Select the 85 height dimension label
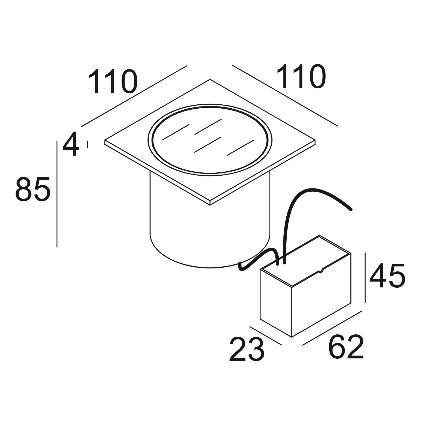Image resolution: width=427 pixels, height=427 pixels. tap(33, 189)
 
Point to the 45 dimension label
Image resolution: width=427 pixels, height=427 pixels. tap(387, 276)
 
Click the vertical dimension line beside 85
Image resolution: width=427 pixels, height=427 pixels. tap(57, 194)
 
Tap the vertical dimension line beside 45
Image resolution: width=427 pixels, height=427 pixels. tap(365, 278)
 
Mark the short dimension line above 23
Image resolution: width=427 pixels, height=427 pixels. tap(266, 335)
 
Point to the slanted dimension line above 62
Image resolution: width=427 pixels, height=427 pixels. tap(332, 328)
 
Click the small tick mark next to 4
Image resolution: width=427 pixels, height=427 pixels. tap(88, 144)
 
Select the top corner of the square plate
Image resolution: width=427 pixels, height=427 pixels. tap(210, 79)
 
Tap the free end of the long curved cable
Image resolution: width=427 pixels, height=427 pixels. tap(351, 209)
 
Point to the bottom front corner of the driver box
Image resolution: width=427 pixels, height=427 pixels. tap(292, 337)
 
